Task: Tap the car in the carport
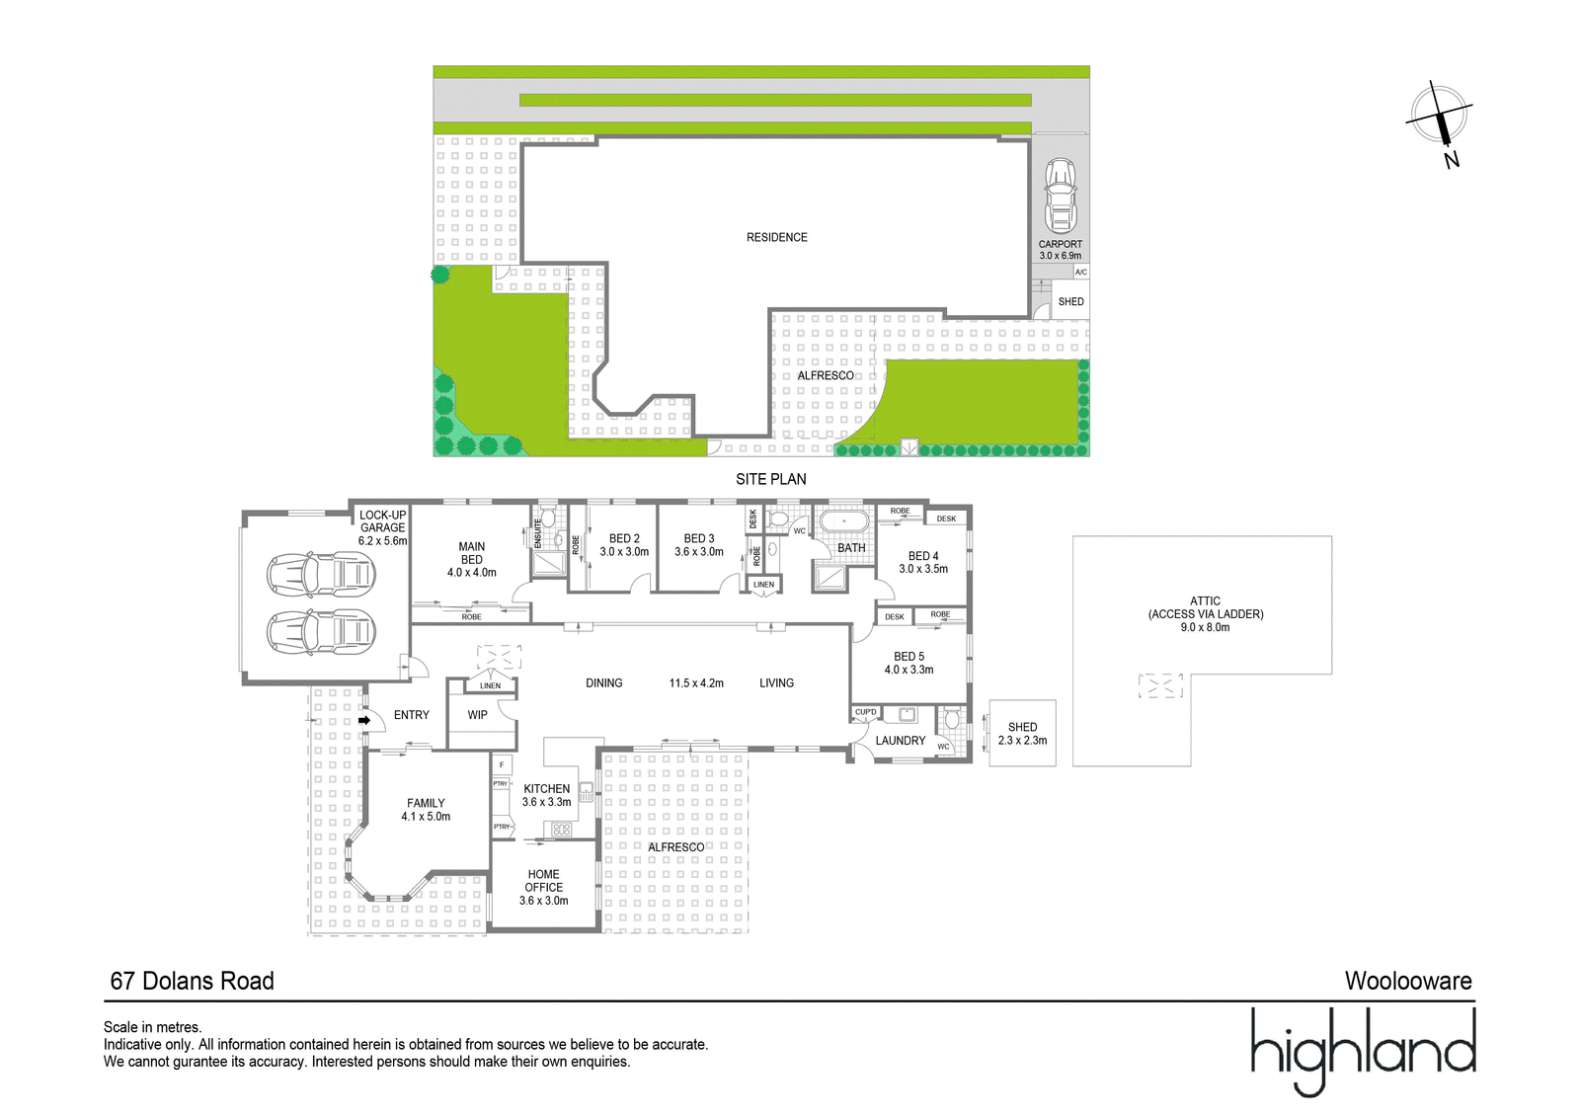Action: pyautogui.click(x=1061, y=196)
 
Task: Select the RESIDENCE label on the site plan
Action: pyautogui.click(x=776, y=237)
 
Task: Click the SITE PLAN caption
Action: pyautogui.click(x=770, y=479)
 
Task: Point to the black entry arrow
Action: pyautogui.click(x=364, y=720)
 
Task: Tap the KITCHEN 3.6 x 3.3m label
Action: pyautogui.click(x=547, y=795)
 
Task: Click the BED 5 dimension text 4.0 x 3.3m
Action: pyautogui.click(x=908, y=670)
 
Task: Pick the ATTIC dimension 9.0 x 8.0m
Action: pyautogui.click(x=1205, y=627)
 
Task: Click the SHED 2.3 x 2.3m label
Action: pyautogui.click(x=1022, y=734)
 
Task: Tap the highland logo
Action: pyautogui.click(x=1363, y=1051)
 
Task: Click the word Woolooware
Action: pyautogui.click(x=1408, y=981)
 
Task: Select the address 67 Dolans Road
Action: pyautogui.click(x=192, y=981)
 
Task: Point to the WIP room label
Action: pyautogui.click(x=478, y=715)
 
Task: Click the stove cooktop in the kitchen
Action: pyautogui.click(x=561, y=829)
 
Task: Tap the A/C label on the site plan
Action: pyautogui.click(x=1080, y=272)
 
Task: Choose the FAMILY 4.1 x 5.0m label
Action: pyautogui.click(x=426, y=809)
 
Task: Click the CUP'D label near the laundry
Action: pyautogui.click(x=865, y=712)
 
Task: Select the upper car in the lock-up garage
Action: pyautogui.click(x=321, y=575)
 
